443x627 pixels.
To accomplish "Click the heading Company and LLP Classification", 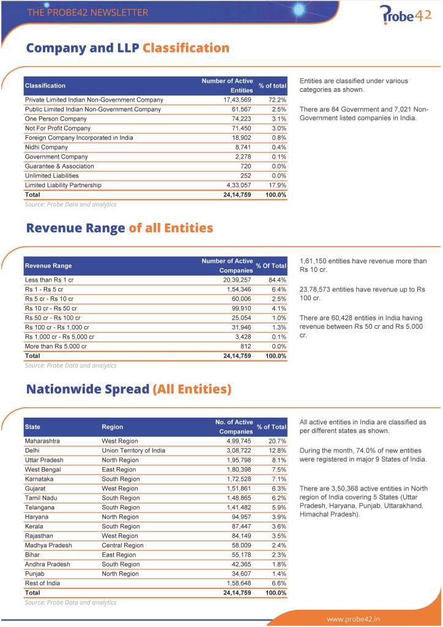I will click(127, 48).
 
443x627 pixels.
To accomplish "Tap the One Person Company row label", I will click(56, 119).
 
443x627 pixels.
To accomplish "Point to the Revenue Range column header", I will click(48, 266).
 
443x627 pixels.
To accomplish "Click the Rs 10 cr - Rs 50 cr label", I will click(51, 308).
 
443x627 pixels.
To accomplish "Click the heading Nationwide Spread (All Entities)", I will click(128, 389).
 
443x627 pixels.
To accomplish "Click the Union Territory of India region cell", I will click(133, 451).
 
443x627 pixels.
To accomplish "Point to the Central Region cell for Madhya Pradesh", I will click(122, 545).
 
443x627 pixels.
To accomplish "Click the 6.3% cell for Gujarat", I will click(278, 489).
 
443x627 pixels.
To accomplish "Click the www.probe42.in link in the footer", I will click(353, 618).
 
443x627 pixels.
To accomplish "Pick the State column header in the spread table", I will click(32, 427).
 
